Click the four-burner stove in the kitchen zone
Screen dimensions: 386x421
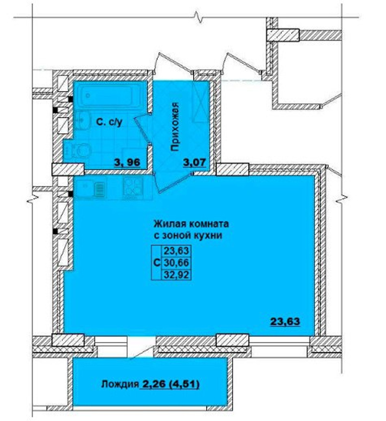coord(133,188)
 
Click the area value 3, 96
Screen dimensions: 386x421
coord(127,162)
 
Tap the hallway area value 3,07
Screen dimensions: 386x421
coord(194,162)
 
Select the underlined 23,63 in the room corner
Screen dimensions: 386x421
coord(285,321)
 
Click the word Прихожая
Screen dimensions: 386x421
coord(175,127)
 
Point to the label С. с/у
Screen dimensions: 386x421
coord(110,122)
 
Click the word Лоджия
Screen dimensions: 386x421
coord(120,384)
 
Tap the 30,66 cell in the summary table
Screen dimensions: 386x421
coord(176,263)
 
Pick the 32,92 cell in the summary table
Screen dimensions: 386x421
coord(176,275)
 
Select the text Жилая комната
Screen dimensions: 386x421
coord(191,224)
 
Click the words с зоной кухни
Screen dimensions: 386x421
coord(188,235)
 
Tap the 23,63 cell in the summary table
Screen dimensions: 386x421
coord(176,251)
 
